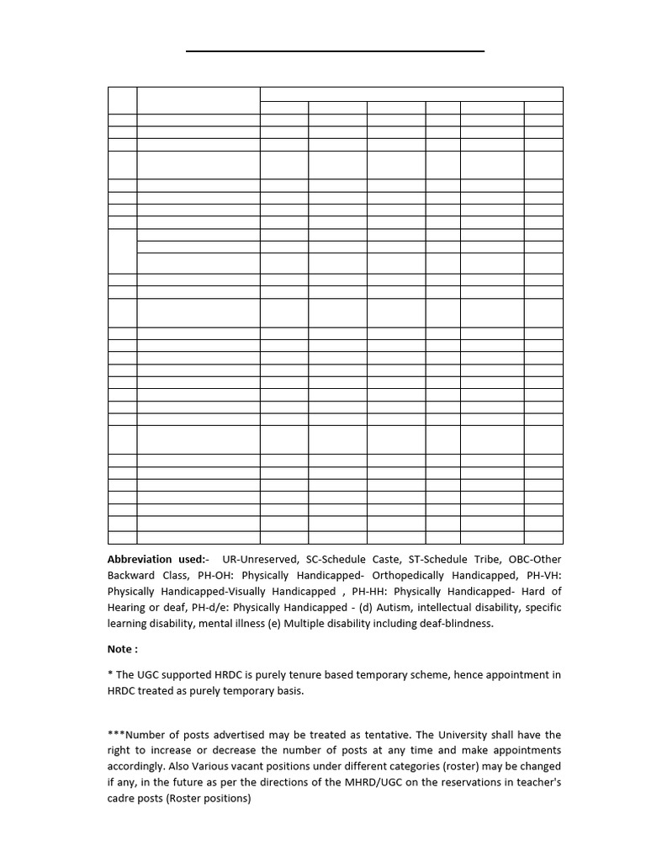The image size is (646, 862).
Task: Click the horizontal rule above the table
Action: click(x=335, y=51)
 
